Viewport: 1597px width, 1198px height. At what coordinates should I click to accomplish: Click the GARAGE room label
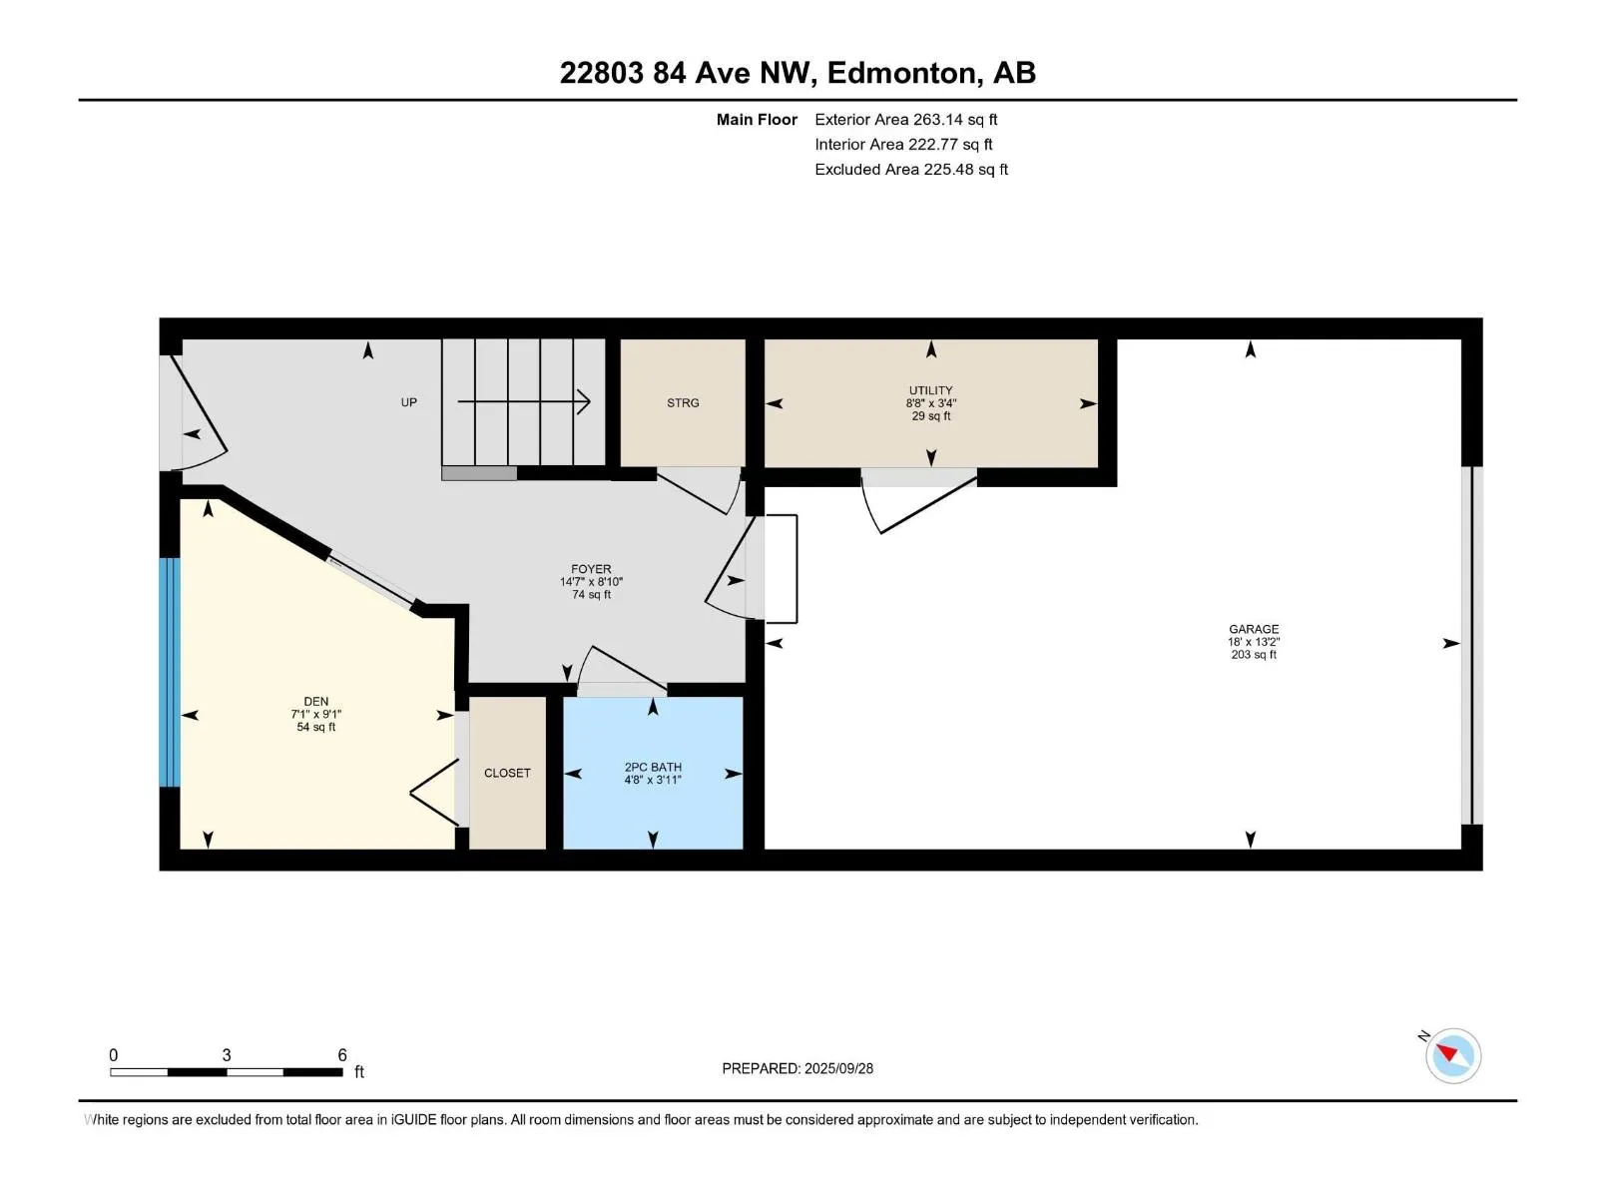pos(1253,629)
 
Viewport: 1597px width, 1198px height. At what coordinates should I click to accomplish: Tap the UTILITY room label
pos(930,390)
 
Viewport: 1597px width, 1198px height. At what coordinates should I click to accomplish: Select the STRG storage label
pos(683,403)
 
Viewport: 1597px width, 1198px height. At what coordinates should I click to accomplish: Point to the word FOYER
pos(591,569)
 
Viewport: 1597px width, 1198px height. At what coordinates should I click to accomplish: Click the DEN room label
pos(315,701)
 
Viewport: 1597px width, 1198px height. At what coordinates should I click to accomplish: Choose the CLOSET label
pos(507,773)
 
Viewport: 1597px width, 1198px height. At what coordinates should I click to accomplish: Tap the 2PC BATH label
pos(653,767)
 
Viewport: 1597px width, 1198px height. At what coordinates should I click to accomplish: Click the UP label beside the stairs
pos(409,402)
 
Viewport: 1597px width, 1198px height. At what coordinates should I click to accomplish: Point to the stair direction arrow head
pos(584,401)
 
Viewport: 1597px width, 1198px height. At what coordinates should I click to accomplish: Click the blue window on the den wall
pos(170,672)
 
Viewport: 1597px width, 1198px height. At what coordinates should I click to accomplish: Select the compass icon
pos(1452,1055)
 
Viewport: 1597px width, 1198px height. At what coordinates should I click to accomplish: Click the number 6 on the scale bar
pos(342,1054)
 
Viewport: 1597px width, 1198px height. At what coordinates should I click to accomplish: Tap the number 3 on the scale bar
pos(227,1054)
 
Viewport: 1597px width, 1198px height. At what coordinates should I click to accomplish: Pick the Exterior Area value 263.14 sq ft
pos(955,119)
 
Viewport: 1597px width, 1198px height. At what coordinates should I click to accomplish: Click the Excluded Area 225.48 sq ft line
pos(911,170)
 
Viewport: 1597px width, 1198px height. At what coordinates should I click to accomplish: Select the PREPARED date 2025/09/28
pos(838,1068)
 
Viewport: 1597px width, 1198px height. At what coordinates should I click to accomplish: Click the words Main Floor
pos(757,119)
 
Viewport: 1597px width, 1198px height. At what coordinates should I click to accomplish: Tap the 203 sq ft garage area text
pos(1254,655)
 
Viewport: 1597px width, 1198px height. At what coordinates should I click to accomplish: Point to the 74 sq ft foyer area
pos(591,594)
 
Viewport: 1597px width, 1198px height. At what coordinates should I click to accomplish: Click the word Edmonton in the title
pos(900,73)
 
